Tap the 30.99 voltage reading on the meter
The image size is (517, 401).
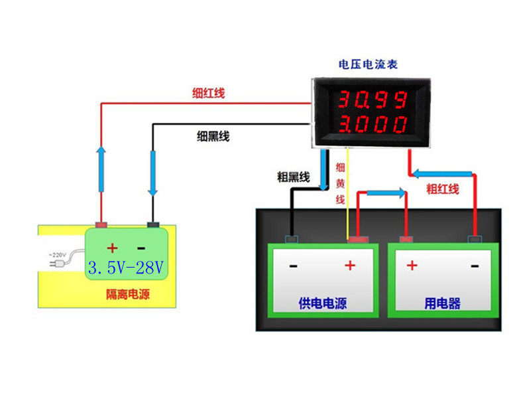(x=373, y=100)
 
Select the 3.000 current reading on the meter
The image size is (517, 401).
(x=373, y=124)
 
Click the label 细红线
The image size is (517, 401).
(x=209, y=94)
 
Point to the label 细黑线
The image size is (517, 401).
(x=213, y=136)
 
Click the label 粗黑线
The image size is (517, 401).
(x=294, y=177)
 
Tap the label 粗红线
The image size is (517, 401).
(x=443, y=189)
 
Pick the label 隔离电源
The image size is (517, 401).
(x=128, y=293)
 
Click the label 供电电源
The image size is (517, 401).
(x=323, y=304)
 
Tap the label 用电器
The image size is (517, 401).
(x=443, y=304)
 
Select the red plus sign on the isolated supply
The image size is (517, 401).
(x=113, y=248)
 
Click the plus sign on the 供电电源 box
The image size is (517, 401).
(x=350, y=266)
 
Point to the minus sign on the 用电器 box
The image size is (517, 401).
(x=475, y=266)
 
